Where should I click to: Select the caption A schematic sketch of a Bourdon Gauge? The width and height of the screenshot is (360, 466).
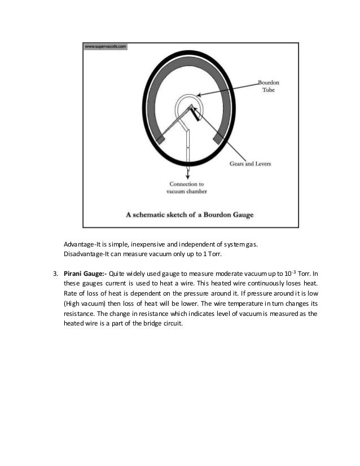pos(189,215)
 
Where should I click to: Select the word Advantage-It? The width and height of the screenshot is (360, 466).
pos(81,244)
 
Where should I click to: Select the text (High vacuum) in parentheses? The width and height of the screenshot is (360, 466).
pos(86,303)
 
